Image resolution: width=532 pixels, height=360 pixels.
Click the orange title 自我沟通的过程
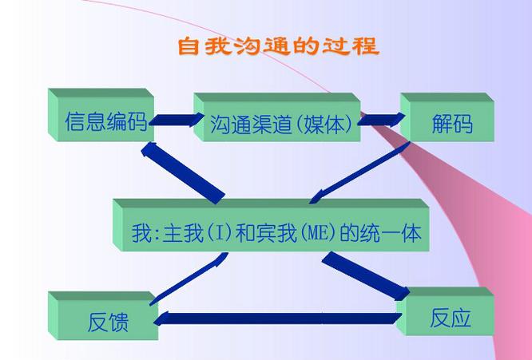click(278, 46)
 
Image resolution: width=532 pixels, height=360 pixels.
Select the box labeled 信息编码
click(101, 115)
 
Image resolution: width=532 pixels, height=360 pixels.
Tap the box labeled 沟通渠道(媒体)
click(277, 117)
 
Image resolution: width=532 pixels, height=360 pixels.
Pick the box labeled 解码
click(447, 117)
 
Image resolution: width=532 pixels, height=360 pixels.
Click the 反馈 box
click(103, 315)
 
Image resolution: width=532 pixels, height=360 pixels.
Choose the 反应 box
click(445, 311)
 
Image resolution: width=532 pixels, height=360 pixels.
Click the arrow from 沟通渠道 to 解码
click(381, 119)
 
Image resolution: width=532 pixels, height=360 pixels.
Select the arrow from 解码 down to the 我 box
click(359, 173)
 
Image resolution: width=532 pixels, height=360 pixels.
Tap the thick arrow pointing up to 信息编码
click(183, 173)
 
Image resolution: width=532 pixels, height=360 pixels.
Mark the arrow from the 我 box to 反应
click(366, 276)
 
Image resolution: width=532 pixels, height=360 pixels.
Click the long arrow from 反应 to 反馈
click(277, 318)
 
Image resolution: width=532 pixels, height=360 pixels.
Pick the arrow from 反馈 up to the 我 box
click(189, 279)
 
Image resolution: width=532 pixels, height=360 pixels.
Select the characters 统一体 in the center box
click(391, 233)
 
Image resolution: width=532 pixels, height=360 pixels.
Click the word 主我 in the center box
click(183, 233)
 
